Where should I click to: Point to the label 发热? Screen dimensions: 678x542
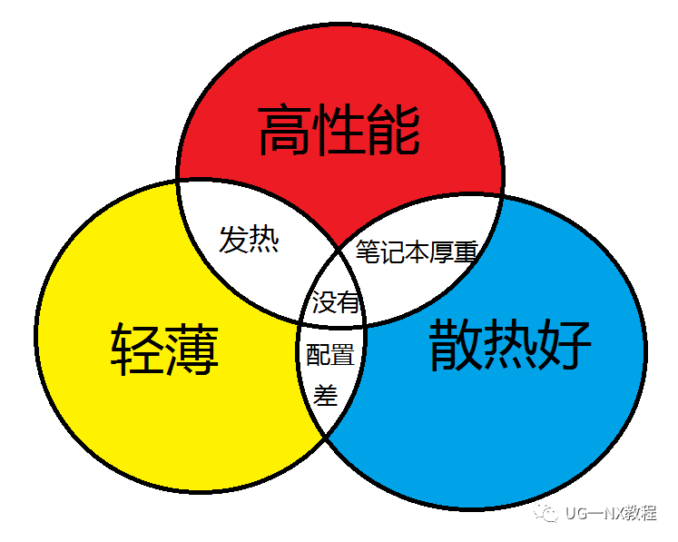[249, 241]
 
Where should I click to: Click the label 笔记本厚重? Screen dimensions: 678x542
[416, 251]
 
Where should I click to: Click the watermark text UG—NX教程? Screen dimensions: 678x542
[610, 513]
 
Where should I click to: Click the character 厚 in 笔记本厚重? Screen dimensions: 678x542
[441, 251]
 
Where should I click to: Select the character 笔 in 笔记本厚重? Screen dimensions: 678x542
[368, 251]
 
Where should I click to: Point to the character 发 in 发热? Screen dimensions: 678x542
[234, 241]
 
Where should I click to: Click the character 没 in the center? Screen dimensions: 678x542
[323, 301]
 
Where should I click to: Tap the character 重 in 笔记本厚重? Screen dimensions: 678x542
[466, 251]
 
